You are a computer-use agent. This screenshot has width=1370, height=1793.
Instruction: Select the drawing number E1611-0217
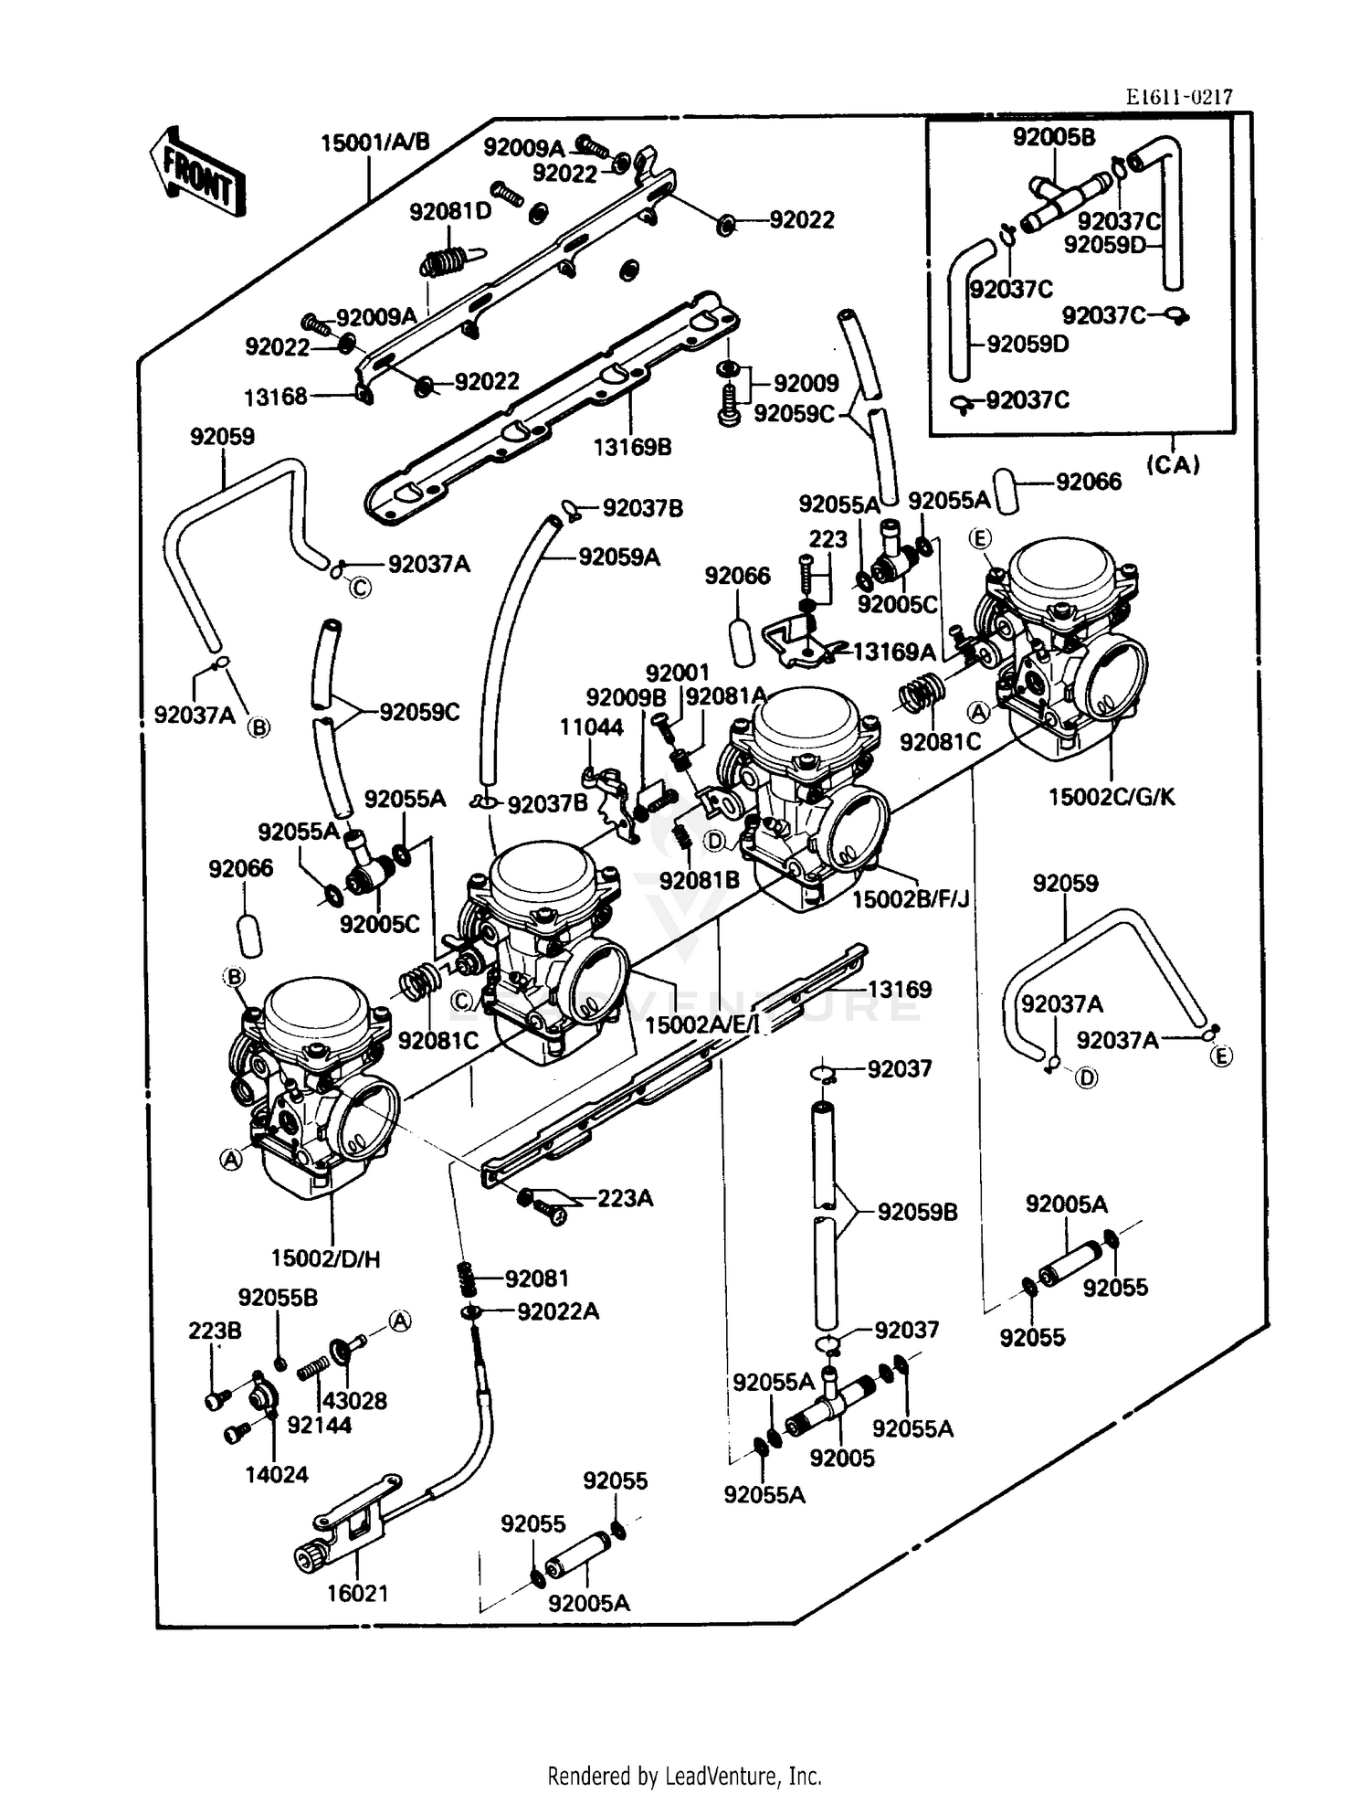coord(1178,97)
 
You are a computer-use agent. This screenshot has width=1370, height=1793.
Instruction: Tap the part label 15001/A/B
coord(374,143)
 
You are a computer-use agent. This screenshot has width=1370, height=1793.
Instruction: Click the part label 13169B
coord(632,447)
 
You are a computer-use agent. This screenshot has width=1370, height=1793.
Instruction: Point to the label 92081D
coord(450,212)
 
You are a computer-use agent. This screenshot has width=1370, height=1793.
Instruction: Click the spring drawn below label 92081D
coord(445,261)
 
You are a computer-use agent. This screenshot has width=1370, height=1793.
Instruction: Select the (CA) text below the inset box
coord(1173,464)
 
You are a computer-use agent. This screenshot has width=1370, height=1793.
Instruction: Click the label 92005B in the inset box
coord(1053,137)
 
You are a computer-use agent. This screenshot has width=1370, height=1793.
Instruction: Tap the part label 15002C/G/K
coord(1112,797)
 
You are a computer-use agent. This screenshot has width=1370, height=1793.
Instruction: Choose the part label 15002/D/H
coord(325,1258)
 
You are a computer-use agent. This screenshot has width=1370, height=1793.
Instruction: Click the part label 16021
coord(358,1593)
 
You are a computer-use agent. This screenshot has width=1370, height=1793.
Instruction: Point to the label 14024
coord(277,1474)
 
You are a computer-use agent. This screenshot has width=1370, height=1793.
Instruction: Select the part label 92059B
coord(917,1212)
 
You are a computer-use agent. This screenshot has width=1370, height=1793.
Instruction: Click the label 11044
coord(591,727)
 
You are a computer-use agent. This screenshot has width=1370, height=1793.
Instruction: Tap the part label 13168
coord(276,398)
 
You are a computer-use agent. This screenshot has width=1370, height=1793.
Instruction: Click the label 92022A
coord(557,1311)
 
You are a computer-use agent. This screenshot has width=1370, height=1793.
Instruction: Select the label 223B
coord(215,1331)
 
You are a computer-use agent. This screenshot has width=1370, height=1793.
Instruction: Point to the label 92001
coord(677,673)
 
